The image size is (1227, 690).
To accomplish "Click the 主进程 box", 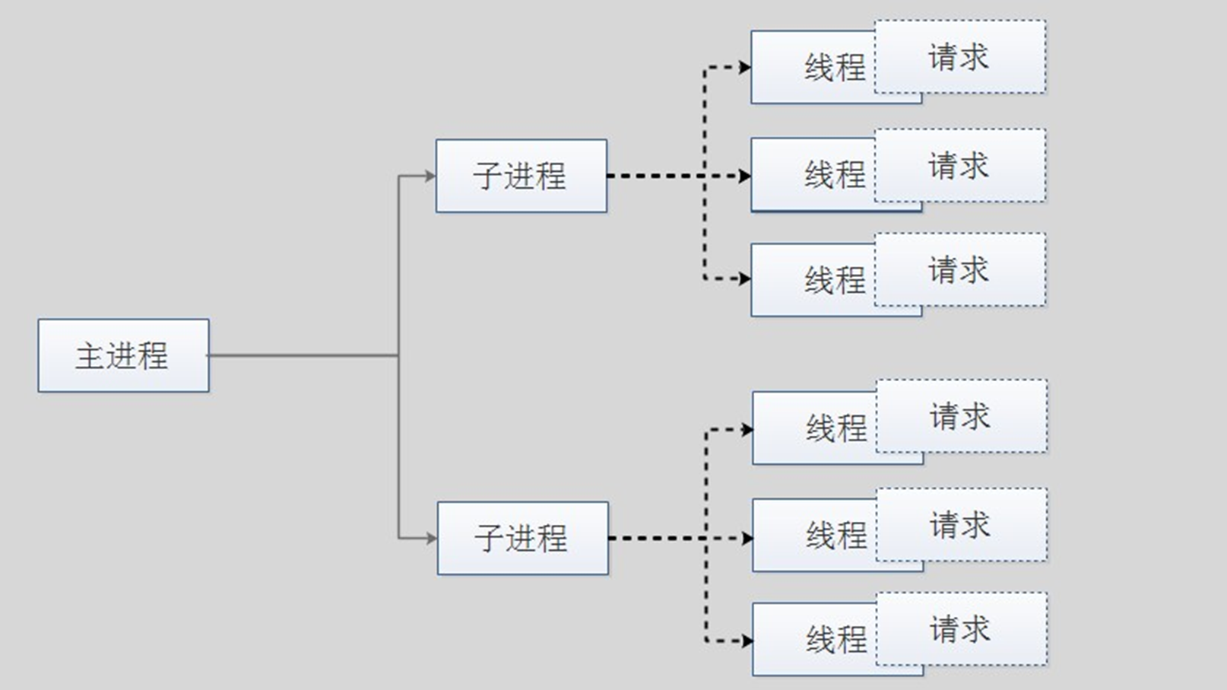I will [123, 355].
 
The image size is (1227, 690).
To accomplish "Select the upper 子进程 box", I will [521, 176].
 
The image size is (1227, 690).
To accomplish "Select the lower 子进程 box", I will [522, 538].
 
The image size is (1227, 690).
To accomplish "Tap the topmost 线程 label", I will [835, 68].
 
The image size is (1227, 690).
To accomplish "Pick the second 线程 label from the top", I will [835, 175].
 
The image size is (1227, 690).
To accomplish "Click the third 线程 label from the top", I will [835, 280].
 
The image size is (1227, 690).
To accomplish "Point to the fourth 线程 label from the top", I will [836, 428].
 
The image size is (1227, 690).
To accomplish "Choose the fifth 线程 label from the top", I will [836, 536].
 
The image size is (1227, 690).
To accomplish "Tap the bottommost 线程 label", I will [836, 640].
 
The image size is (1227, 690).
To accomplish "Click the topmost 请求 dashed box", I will [959, 57].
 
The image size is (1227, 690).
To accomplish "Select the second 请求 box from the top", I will [959, 165].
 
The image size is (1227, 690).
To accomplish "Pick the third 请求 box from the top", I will [959, 270].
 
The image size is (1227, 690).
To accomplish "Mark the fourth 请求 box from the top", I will [961, 416].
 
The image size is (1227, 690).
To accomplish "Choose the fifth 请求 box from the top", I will [961, 525].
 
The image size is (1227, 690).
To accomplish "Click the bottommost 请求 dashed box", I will [961, 629].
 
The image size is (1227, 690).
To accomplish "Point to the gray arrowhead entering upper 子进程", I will [430, 176].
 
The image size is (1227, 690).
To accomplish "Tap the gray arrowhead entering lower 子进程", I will [432, 538].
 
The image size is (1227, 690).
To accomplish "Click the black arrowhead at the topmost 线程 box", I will [745, 68].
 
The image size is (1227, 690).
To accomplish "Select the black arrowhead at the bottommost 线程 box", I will [747, 641].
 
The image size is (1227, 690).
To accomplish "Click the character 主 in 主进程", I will [89, 356].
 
